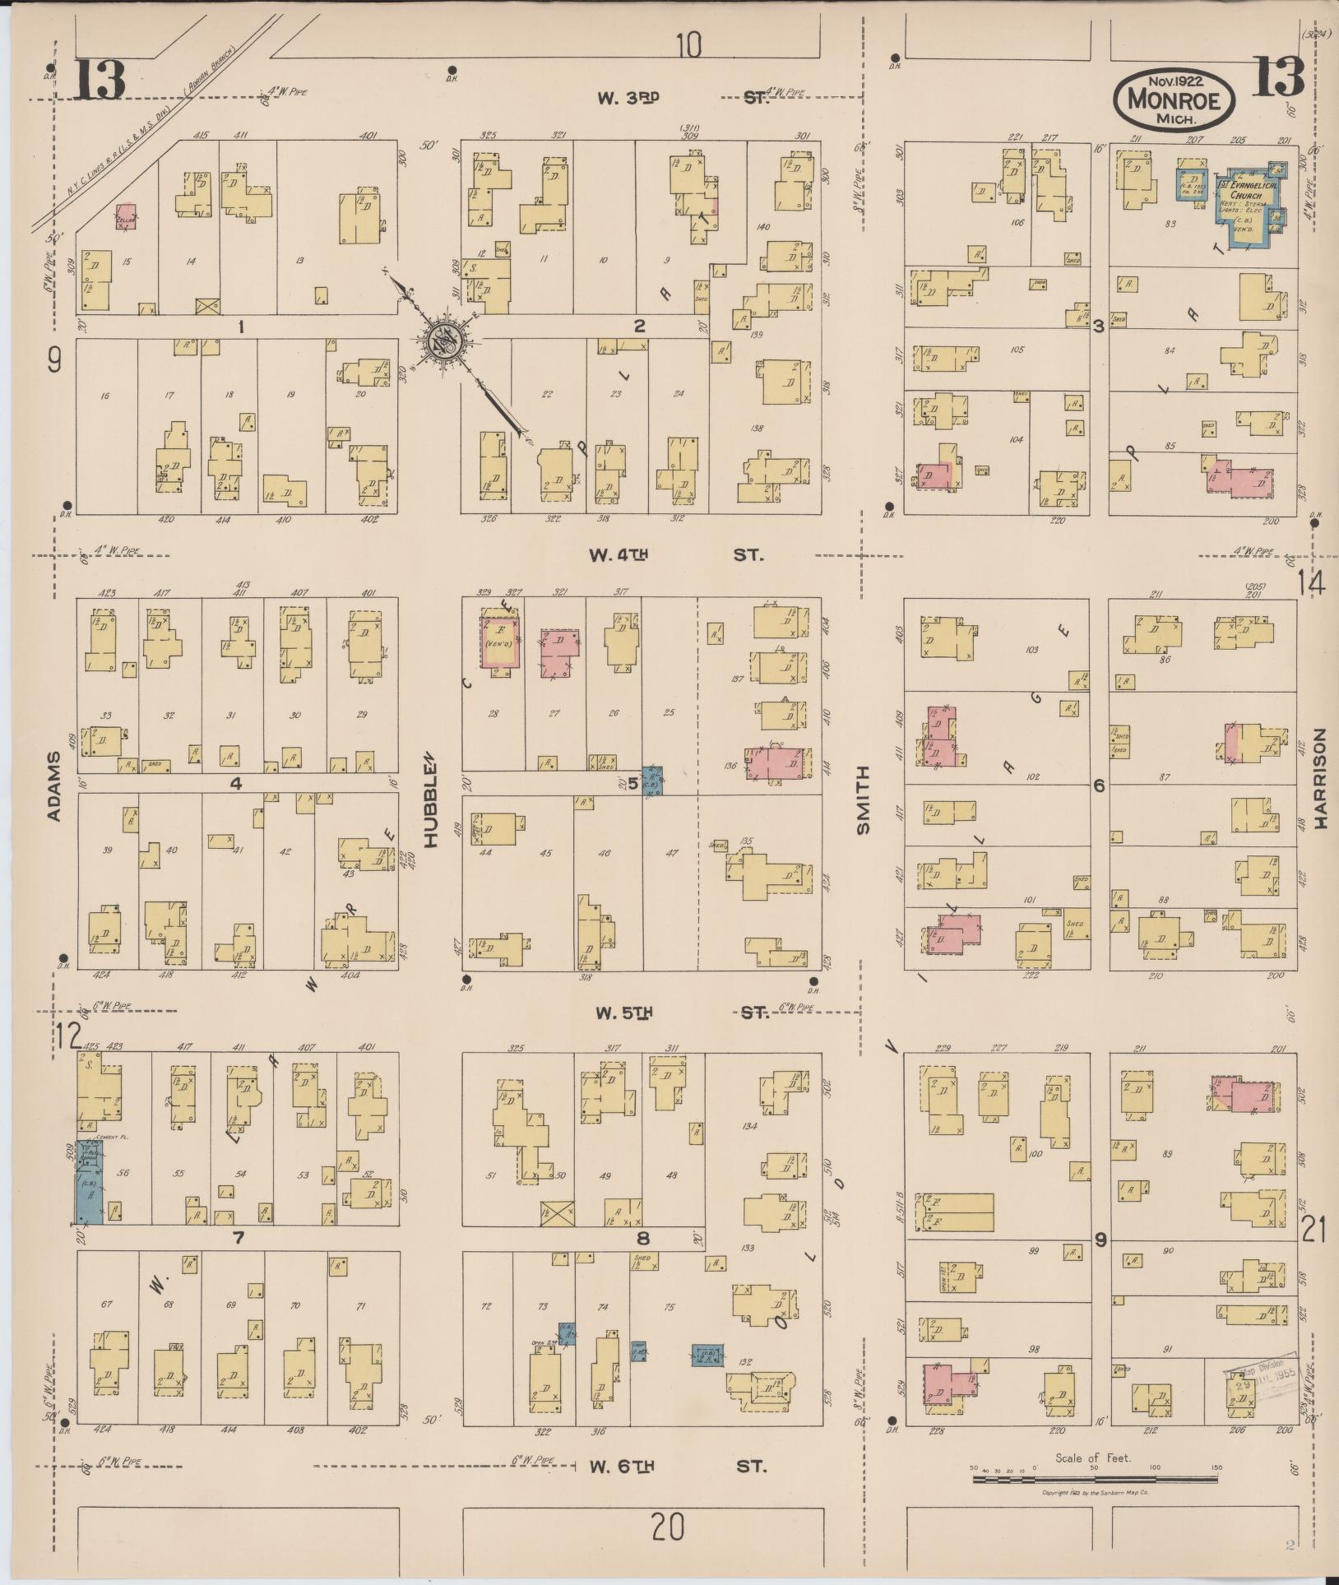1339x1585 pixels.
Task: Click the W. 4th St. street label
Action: [674, 555]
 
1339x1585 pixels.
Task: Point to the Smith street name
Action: [863, 800]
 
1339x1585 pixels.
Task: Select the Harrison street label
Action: [1322, 779]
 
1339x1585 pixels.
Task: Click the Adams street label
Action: [54, 786]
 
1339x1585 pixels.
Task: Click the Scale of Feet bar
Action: [1094, 1478]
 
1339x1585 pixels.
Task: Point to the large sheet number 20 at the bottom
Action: [668, 1529]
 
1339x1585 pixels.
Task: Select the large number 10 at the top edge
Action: [689, 45]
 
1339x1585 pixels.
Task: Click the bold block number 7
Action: [238, 1237]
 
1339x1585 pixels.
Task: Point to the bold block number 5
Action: [633, 784]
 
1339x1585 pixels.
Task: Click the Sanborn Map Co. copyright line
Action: [1094, 1493]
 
